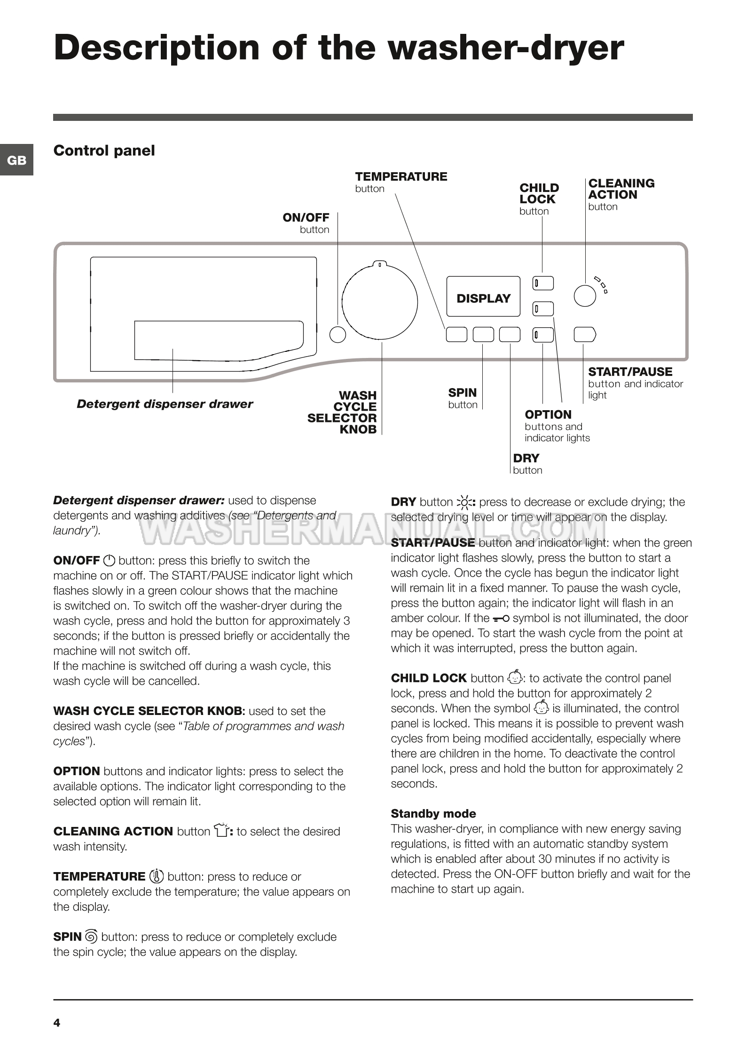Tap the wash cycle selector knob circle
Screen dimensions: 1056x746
click(x=379, y=302)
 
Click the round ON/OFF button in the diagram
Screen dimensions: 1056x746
click(x=338, y=334)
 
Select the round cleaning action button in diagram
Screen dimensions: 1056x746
click(x=585, y=295)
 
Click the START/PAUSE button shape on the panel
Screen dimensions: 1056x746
click(x=585, y=334)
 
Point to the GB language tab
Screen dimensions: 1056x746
click(x=16, y=160)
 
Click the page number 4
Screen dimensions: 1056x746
click(x=57, y=1023)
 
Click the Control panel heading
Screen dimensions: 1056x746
click(x=104, y=151)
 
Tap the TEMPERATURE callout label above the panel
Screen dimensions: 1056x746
click(x=401, y=177)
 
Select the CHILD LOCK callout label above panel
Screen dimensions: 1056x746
click(x=539, y=194)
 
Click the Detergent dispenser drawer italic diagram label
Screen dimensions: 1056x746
click(x=165, y=404)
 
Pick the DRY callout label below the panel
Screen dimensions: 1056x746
click(x=526, y=458)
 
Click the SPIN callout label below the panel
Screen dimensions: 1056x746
click(x=462, y=393)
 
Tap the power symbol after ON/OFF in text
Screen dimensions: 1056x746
click(x=109, y=561)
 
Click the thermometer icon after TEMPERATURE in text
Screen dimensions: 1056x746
click(x=156, y=877)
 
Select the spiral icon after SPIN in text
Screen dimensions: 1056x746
click(x=91, y=937)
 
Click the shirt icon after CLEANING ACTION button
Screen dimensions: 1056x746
click(x=221, y=831)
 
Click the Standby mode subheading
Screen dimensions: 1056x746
click(x=433, y=814)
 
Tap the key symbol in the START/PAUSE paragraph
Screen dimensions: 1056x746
click(x=501, y=619)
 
